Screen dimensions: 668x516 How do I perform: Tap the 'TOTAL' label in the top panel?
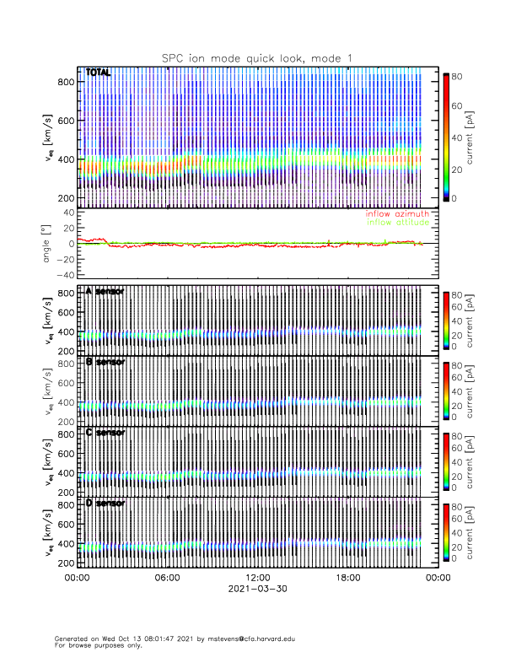coord(99,73)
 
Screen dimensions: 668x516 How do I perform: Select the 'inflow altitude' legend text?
coord(397,223)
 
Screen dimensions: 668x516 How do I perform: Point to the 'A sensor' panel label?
coord(105,291)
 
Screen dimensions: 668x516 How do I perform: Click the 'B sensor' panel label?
coord(105,362)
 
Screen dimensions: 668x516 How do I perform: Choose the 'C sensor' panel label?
coord(105,433)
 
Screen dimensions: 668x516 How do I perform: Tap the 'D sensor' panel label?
coord(105,504)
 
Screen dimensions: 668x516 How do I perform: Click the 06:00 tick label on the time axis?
coord(167,578)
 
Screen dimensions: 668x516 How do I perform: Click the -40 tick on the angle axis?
coord(63,275)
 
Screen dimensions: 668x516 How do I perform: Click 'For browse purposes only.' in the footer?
coord(99,645)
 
